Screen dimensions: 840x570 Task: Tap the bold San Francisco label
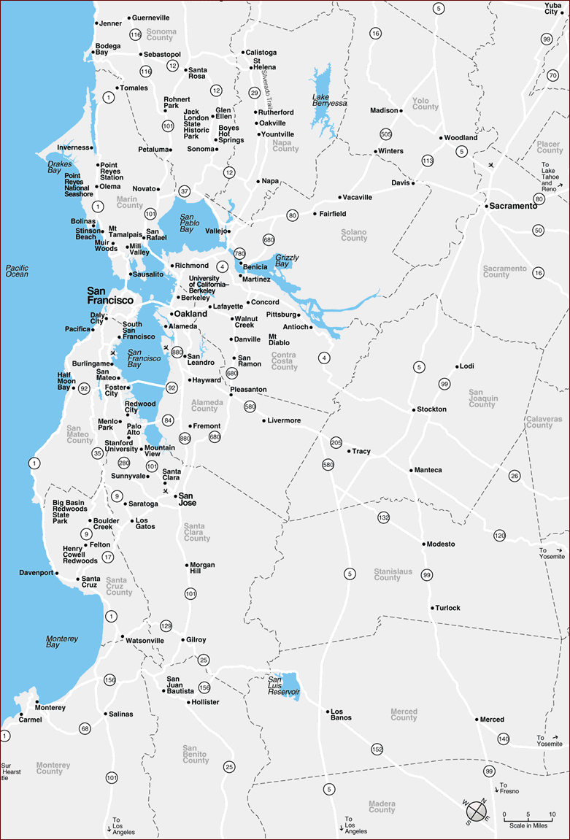pos(110,295)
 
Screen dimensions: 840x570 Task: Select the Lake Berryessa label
pos(329,100)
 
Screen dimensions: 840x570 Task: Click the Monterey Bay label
pos(62,641)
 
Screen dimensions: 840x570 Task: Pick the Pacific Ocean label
pos(17,271)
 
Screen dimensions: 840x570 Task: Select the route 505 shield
pos(386,134)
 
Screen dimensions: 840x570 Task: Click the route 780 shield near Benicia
pos(239,253)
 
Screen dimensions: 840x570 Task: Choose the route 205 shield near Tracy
pos(336,442)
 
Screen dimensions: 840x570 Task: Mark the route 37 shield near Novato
pos(184,191)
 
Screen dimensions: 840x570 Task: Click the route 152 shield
pos(377,749)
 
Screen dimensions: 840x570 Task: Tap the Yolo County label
pos(425,104)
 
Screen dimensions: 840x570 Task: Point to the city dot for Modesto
pos(423,544)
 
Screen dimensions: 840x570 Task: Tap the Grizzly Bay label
pos(287,261)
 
